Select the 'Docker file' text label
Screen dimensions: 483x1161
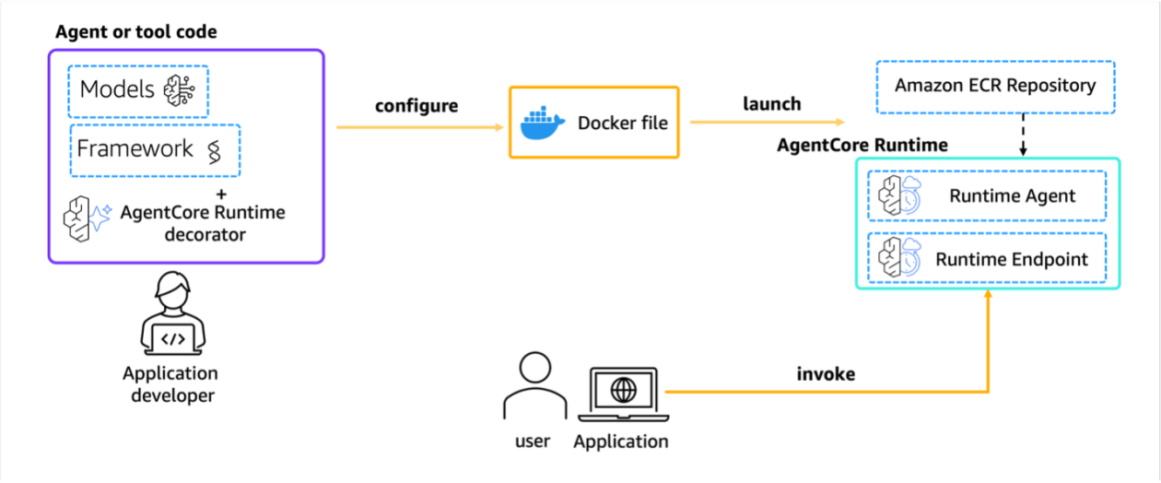[x=623, y=123]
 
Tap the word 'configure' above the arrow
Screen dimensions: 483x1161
[x=416, y=105]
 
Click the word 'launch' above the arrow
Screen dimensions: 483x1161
[x=772, y=103]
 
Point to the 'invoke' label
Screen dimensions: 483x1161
[x=826, y=373]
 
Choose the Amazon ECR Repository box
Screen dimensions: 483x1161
[x=995, y=87]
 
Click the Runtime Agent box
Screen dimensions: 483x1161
[x=987, y=195]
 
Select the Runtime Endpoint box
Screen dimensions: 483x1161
[x=987, y=259]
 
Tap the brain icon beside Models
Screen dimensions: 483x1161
[x=179, y=89]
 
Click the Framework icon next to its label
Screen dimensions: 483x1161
[x=215, y=149]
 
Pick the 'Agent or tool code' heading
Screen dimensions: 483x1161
[x=136, y=32]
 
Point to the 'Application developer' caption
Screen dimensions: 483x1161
[x=171, y=384]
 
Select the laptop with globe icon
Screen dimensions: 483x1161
[x=622, y=392]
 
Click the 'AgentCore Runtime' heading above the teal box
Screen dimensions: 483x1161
[x=862, y=145]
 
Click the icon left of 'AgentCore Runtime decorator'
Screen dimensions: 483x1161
[x=86, y=219]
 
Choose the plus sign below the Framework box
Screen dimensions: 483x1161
[x=220, y=195]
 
